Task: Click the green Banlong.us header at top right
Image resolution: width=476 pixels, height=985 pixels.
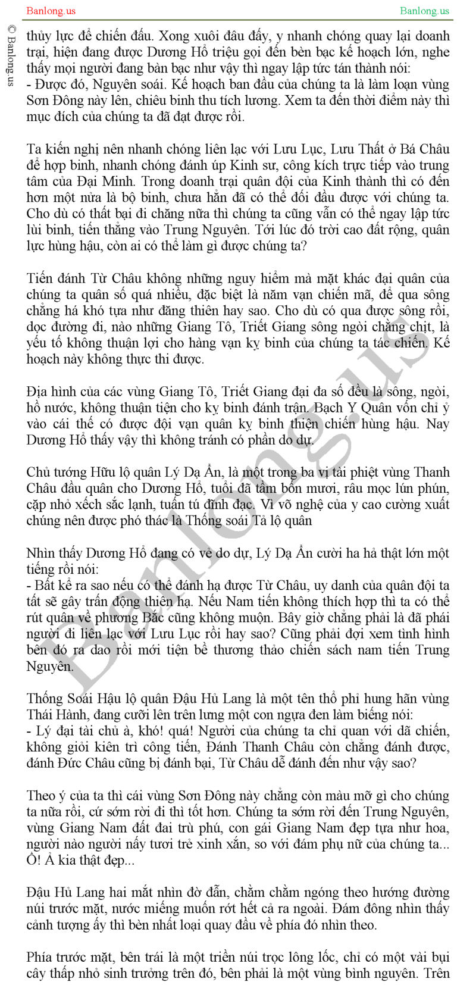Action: pyautogui.click(x=425, y=11)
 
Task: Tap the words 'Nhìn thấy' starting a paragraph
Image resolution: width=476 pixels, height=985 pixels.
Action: pyautogui.click(x=54, y=553)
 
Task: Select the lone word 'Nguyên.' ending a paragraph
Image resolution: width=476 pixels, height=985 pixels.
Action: pyautogui.click(x=50, y=666)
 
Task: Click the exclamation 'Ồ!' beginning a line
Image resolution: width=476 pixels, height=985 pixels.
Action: pyautogui.click(x=33, y=860)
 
